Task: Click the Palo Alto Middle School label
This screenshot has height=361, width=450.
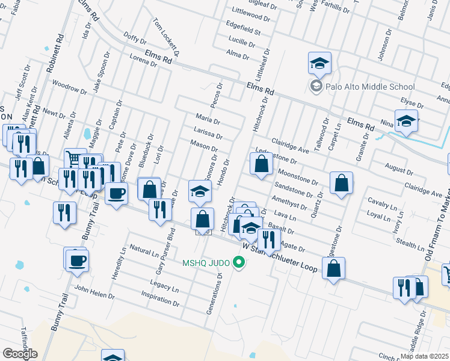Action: (x=370, y=87)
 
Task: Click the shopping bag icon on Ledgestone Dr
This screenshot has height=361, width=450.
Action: (x=261, y=163)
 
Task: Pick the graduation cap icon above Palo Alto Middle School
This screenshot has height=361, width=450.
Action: (x=320, y=62)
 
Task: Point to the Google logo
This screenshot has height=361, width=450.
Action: (x=20, y=353)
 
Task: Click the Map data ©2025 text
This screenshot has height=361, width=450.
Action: (x=425, y=356)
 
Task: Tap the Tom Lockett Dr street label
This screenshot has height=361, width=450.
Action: (x=167, y=37)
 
